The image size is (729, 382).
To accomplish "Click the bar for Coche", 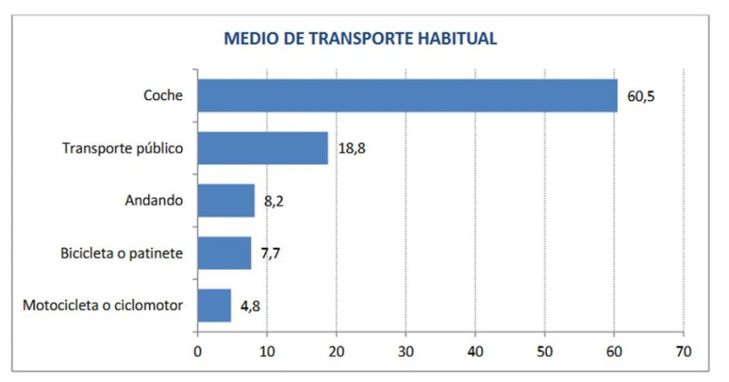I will (407, 95).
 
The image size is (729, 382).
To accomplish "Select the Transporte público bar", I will (263, 148).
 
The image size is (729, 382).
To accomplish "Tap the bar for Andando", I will (226, 200).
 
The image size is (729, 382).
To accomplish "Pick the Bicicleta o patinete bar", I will (224, 253).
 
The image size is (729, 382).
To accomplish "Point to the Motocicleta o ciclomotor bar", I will (214, 305).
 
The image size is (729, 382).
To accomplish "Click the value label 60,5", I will (641, 96).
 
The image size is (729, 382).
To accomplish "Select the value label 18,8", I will (352, 149).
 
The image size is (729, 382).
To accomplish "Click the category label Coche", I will (164, 96).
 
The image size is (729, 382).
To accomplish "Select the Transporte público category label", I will (123, 149).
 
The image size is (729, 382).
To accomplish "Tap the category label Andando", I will (154, 201).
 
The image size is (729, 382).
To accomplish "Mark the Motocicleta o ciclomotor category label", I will (103, 306).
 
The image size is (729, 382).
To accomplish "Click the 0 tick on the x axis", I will (198, 351).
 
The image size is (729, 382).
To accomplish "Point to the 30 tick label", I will (406, 351).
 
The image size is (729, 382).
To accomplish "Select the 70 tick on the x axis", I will (683, 351).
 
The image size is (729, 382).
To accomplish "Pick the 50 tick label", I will (545, 351).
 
